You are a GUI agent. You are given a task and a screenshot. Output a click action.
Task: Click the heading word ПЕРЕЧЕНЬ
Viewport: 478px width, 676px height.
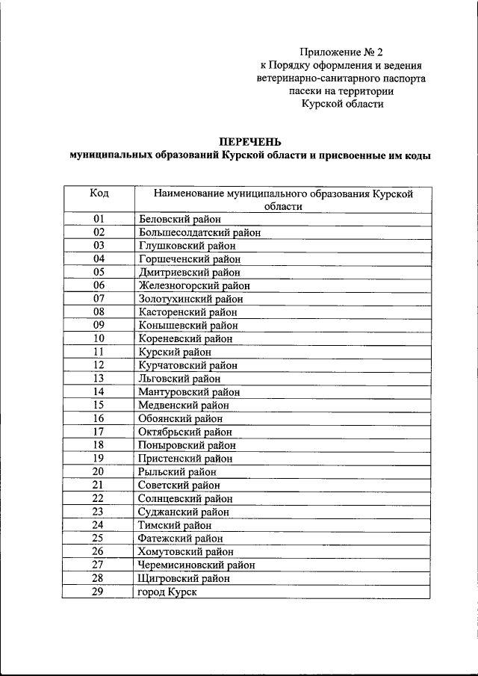click(x=250, y=141)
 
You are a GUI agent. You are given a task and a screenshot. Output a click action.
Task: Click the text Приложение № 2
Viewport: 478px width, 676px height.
click(x=340, y=52)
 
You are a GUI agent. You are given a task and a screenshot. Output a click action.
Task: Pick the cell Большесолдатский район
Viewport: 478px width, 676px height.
click(x=199, y=232)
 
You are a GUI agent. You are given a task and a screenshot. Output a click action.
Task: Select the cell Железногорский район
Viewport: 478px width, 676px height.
click(x=194, y=285)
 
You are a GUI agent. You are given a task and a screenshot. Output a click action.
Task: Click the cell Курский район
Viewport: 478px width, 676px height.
click(x=175, y=352)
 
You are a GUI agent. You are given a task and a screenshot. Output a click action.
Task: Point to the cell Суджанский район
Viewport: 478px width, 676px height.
click(x=184, y=512)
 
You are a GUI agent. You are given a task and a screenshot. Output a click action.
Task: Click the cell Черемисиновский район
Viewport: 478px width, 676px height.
click(x=196, y=565)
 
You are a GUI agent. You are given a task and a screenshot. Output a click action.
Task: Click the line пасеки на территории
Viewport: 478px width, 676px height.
click(x=341, y=91)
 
